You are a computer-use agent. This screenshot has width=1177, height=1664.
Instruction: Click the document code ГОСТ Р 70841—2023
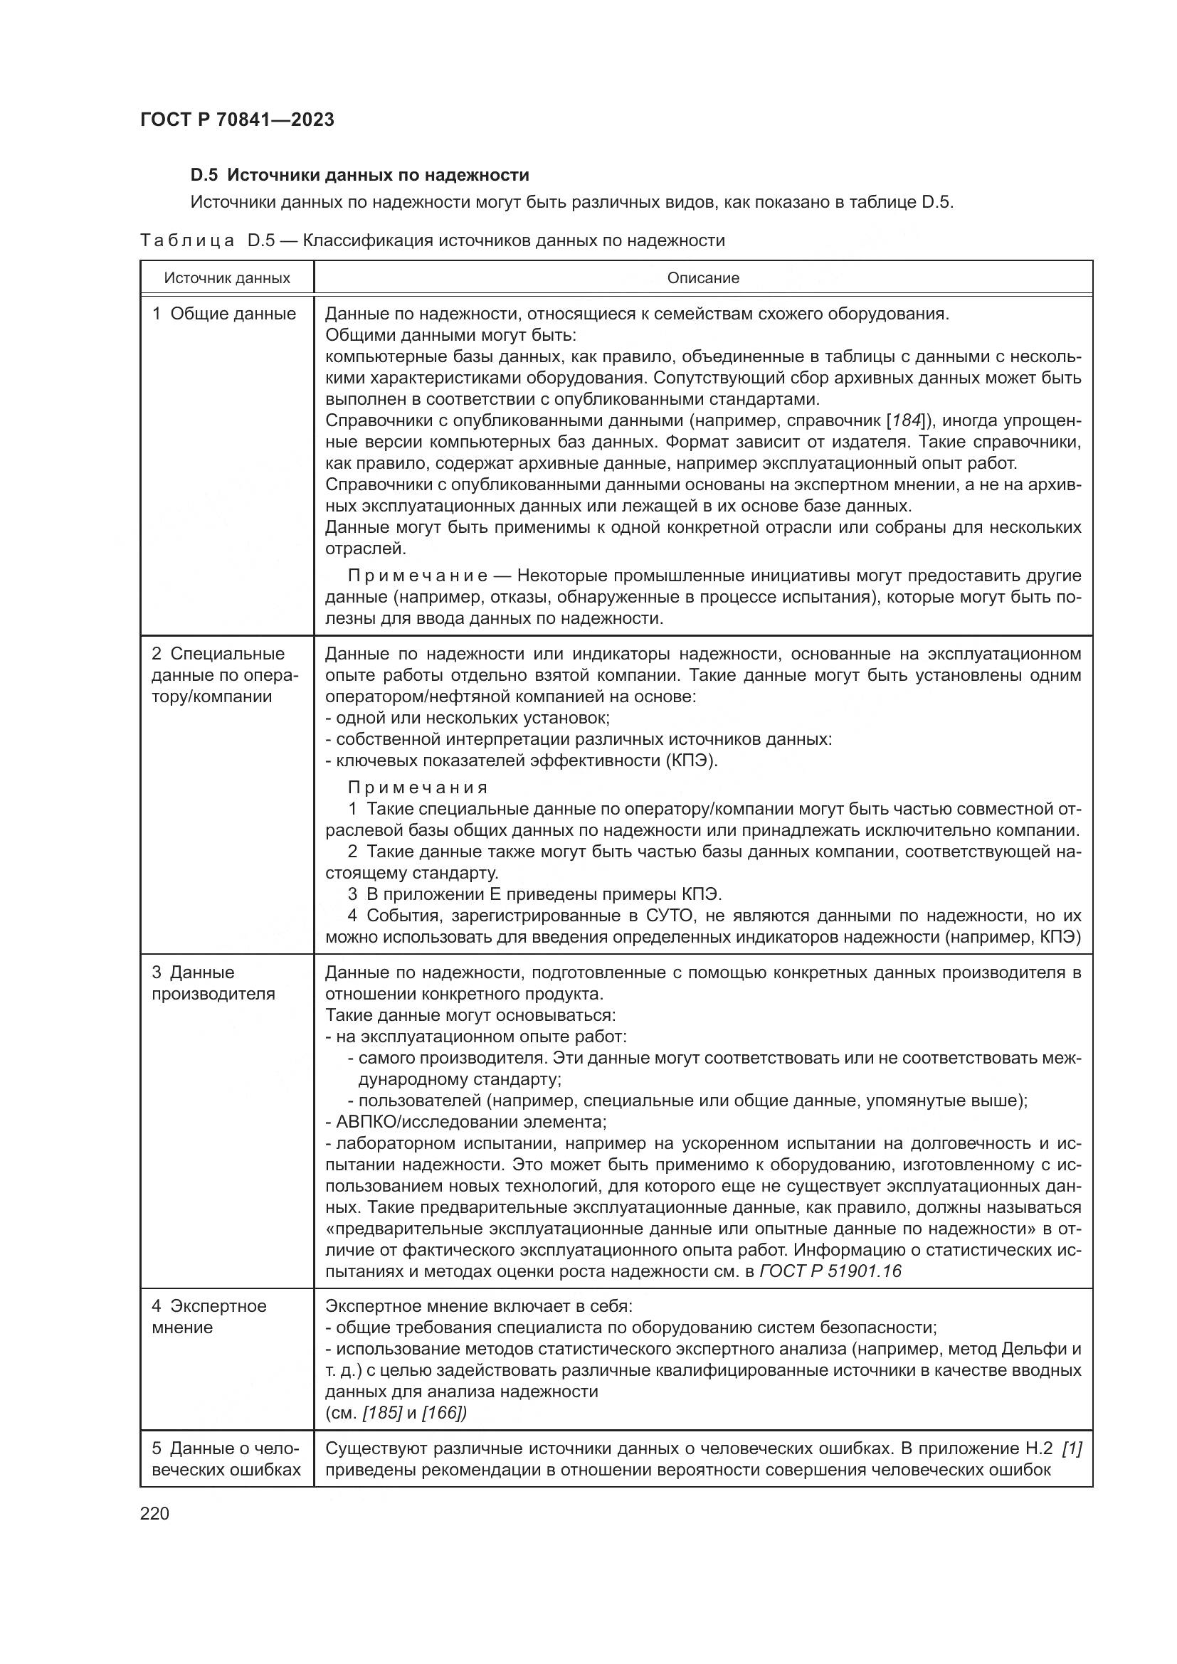[x=237, y=120]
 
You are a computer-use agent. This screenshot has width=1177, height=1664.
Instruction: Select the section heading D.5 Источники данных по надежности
[x=359, y=175]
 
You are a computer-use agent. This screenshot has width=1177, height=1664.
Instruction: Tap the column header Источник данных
[x=227, y=278]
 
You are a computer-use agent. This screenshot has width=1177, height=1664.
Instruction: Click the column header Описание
[x=702, y=278]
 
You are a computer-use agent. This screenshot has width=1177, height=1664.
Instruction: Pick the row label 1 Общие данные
[x=224, y=314]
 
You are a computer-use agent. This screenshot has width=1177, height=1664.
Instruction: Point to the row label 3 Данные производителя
[x=213, y=982]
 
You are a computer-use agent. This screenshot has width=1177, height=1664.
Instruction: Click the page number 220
[x=154, y=1513]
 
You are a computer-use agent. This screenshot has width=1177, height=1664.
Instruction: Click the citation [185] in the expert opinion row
[x=382, y=1413]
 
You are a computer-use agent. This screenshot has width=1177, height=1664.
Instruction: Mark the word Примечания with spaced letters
[x=418, y=788]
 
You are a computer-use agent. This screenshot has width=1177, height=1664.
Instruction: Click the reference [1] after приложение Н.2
[x=1071, y=1448]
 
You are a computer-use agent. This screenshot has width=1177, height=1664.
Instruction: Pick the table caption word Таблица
[x=187, y=240]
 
